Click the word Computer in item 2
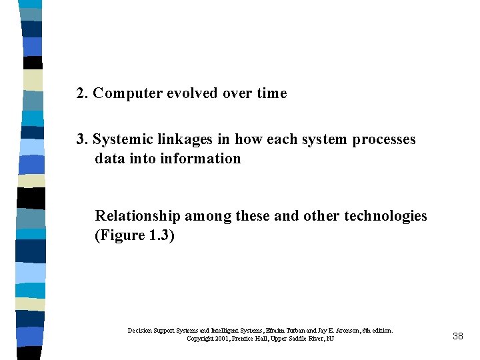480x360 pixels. [x=121, y=94]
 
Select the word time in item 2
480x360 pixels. [x=271, y=94]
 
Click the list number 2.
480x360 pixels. [x=81, y=94]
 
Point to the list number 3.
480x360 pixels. [x=81, y=140]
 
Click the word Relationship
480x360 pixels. [x=137, y=216]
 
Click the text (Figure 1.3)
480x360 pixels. [x=135, y=235]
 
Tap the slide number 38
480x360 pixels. [x=457, y=337]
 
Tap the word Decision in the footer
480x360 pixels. [x=140, y=331]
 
